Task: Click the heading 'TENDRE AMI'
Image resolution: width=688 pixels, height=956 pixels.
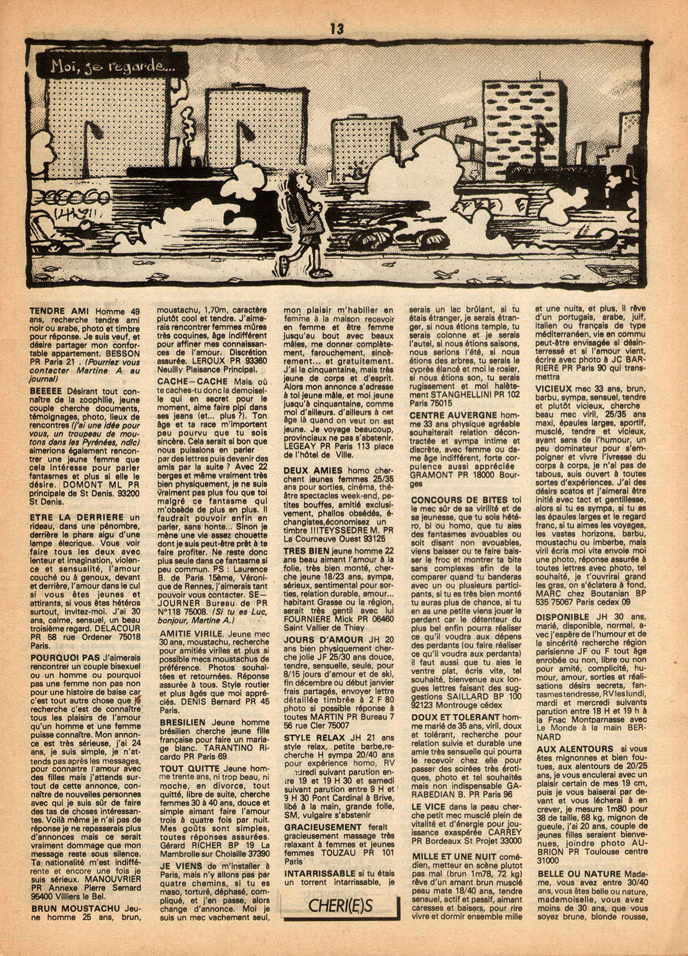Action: pos(61,312)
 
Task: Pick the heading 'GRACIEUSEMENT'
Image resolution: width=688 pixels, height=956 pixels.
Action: pos(322,828)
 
